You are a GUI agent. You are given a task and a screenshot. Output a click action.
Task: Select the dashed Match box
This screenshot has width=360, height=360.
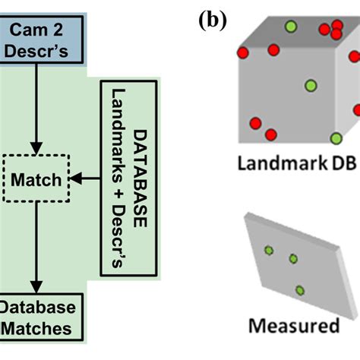pyautogui.click(x=36, y=180)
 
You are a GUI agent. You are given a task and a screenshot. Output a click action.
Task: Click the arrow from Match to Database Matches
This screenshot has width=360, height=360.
pyautogui.click(x=35, y=251)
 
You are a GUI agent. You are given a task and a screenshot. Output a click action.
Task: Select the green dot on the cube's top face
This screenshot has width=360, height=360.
pyautogui.click(x=290, y=29)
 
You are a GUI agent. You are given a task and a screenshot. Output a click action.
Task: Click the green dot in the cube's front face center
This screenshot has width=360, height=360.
pyautogui.click(x=308, y=85)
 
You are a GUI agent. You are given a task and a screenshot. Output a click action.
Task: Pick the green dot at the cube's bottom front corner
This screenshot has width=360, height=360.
pyautogui.click(x=336, y=138)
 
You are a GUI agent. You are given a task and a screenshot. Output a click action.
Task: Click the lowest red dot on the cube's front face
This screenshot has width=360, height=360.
pyautogui.click(x=270, y=134)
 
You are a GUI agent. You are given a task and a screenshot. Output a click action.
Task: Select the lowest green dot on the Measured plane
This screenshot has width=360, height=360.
pyautogui.click(x=300, y=289)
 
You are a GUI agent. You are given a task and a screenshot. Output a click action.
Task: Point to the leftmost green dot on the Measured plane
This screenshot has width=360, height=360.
pyautogui.click(x=268, y=250)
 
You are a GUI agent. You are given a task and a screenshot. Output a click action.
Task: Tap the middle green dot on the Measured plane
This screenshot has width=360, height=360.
pyautogui.click(x=293, y=259)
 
